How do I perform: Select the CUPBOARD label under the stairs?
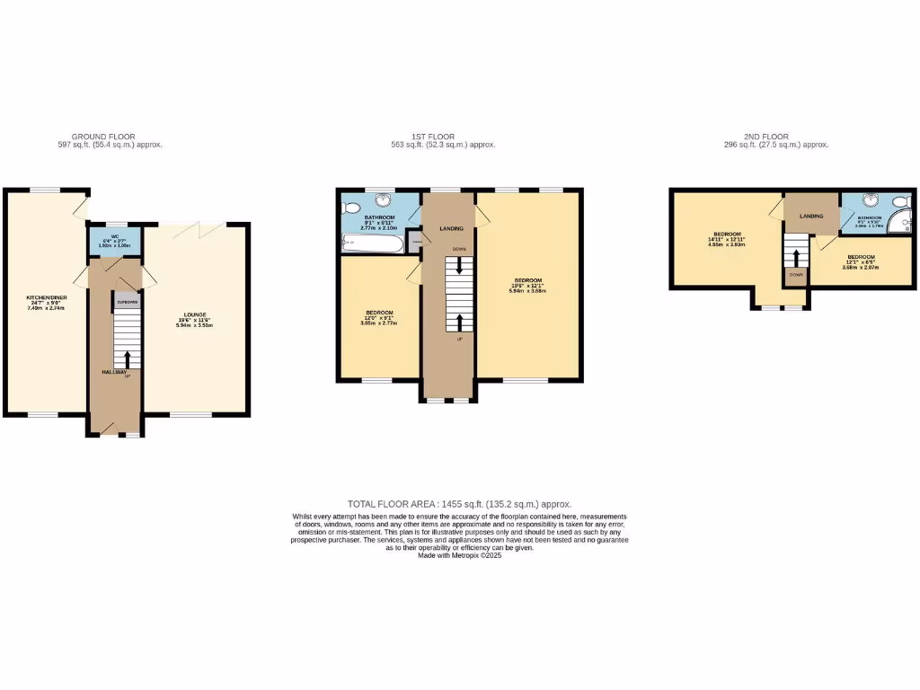coord(126,303)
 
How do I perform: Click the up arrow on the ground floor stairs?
coord(126,359)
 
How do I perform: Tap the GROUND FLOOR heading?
coord(104,137)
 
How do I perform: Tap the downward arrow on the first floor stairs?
coord(460,266)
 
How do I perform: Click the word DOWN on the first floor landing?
coord(459,249)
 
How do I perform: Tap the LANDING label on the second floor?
coord(812,216)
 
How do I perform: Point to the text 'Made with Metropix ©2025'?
coord(459,556)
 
